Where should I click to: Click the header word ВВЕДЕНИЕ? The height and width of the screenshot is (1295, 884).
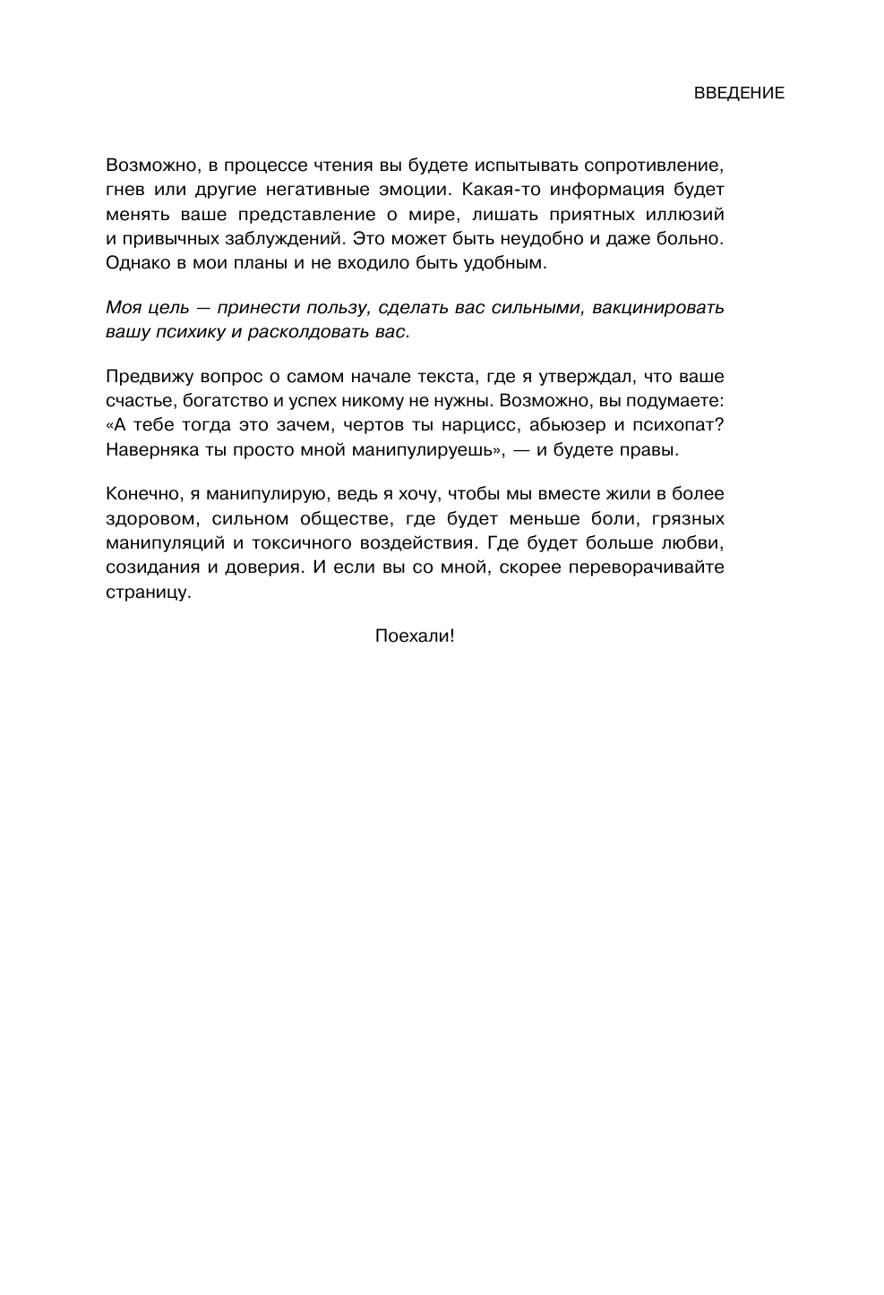739,93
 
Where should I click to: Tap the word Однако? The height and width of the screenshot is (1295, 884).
134,263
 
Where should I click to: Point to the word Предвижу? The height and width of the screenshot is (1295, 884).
144,376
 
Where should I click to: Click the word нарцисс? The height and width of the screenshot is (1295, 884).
478,424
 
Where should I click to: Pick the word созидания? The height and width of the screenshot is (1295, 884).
148,567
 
